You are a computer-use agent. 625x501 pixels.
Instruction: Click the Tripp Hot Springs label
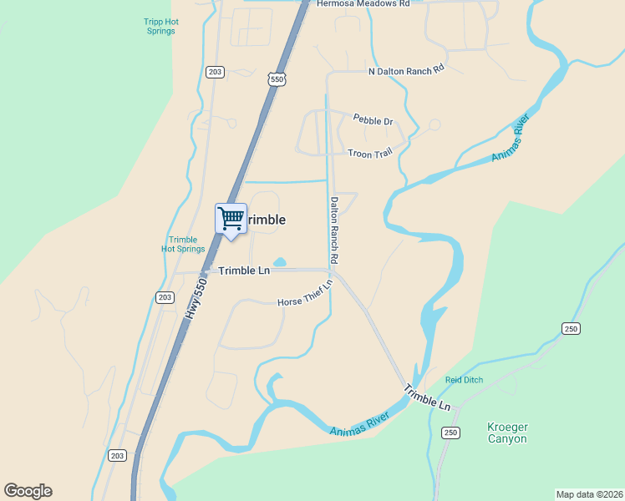pyautogui.click(x=158, y=26)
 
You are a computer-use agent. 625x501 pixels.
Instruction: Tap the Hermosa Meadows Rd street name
pyautogui.click(x=363, y=4)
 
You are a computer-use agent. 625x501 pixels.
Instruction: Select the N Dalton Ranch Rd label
pyautogui.click(x=406, y=72)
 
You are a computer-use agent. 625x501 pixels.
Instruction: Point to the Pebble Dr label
pyautogui.click(x=373, y=121)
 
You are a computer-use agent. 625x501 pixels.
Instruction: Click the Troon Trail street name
pyautogui.click(x=370, y=153)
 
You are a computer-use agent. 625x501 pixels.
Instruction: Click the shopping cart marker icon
pyautogui.click(x=231, y=220)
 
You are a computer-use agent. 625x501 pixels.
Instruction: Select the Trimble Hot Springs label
pyautogui.click(x=183, y=244)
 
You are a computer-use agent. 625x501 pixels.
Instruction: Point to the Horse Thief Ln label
pyautogui.click(x=305, y=292)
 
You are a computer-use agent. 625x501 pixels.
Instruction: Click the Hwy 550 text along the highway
pyautogui.click(x=196, y=297)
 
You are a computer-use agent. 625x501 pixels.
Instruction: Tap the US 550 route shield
pyautogui.click(x=277, y=79)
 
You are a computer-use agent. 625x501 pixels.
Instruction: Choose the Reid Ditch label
pyautogui.click(x=464, y=380)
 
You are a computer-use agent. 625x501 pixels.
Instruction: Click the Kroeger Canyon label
pyautogui.click(x=507, y=433)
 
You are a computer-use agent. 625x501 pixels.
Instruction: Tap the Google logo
pyautogui.click(x=28, y=491)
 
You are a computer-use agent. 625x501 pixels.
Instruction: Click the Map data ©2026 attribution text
pyautogui.click(x=589, y=493)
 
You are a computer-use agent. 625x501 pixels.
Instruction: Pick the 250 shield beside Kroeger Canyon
pyautogui.click(x=451, y=432)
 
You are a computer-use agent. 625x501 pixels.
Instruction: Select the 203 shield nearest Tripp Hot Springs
pyautogui.click(x=216, y=73)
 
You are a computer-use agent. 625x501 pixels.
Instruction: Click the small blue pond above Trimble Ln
pyautogui.click(x=279, y=262)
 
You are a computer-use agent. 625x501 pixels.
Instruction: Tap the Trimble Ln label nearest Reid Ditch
pyautogui.click(x=428, y=397)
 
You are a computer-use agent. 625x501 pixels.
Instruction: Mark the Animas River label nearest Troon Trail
pyautogui.click(x=511, y=137)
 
